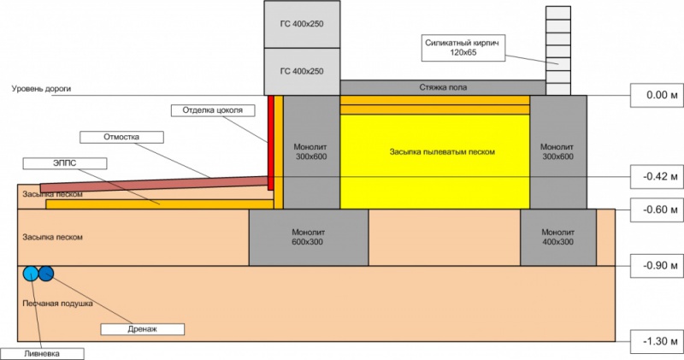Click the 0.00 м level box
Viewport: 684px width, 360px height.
coord(656,95)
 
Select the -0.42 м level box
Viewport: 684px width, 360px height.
coord(656,177)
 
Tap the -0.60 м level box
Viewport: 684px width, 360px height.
coord(656,209)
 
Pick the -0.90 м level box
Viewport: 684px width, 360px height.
coord(656,264)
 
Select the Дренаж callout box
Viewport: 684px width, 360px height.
coord(144,328)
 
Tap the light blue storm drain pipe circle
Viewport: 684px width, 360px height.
coord(30,274)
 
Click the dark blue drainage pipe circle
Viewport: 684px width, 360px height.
coord(45,274)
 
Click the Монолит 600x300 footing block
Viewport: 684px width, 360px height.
coord(309,236)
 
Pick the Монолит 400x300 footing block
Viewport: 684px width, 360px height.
coord(556,236)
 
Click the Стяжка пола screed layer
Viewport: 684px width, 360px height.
coord(443,87)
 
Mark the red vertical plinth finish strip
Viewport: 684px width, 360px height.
coord(271,141)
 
